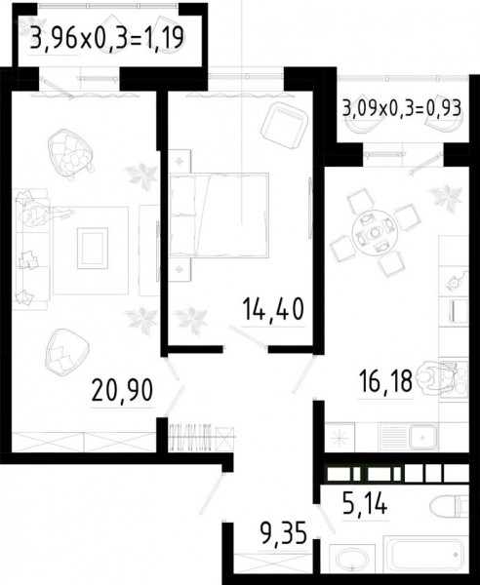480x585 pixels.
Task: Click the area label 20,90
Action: [x=122, y=390]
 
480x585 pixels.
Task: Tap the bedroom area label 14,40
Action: [x=273, y=310]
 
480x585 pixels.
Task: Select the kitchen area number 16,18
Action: [x=384, y=381]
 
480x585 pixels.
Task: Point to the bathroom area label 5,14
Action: [x=365, y=504]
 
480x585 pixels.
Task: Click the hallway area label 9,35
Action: [x=284, y=533]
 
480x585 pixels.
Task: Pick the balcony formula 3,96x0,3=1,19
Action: [x=107, y=38]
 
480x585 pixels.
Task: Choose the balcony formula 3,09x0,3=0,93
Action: [x=402, y=109]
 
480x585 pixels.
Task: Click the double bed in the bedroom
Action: [x=219, y=215]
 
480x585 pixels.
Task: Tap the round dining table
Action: [x=375, y=233]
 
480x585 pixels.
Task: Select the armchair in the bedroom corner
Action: [x=285, y=126]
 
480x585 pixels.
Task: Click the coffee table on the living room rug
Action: [x=93, y=248]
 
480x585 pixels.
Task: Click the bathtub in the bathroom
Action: [x=426, y=555]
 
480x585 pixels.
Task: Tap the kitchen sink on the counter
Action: [x=422, y=437]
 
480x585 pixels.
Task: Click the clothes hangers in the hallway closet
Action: [x=190, y=437]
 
